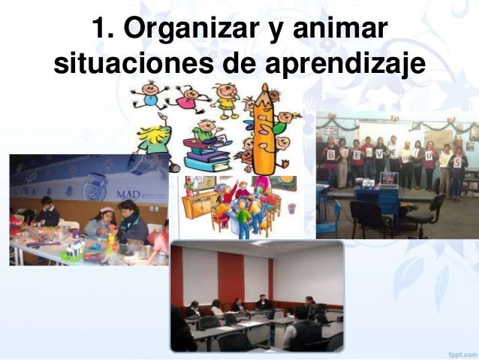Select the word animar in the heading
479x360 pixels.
339,32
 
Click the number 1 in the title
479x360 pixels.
101,32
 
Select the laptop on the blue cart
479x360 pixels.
389,180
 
